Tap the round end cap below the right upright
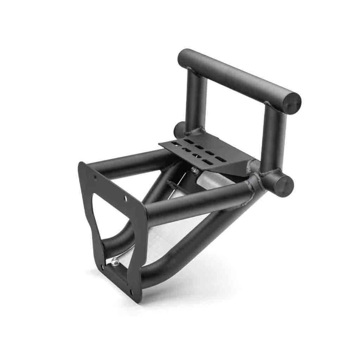284,186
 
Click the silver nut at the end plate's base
115,261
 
